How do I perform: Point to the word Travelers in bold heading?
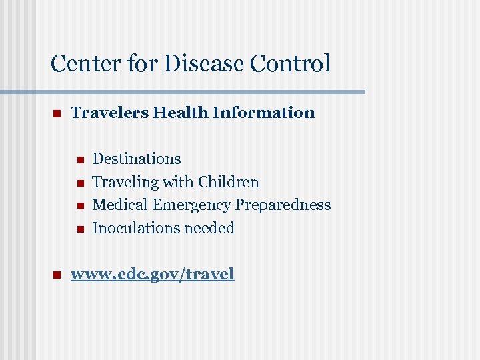109,113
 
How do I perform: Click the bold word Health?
181,113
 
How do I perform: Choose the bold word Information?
264,113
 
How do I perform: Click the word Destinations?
137,159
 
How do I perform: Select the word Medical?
120,205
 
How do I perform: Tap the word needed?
209,228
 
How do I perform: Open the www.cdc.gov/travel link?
153,274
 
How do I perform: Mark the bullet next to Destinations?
79,160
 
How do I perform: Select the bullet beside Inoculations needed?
79,229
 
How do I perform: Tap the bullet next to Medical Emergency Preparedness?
79,206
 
